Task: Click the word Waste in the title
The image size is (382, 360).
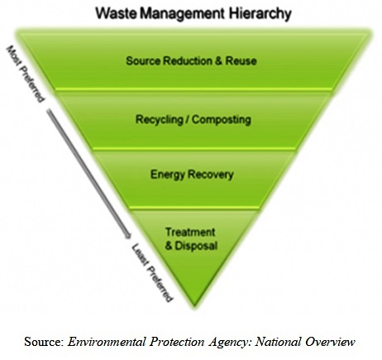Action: (117, 13)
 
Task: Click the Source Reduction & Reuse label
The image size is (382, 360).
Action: (191, 60)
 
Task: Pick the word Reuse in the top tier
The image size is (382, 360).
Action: (241, 60)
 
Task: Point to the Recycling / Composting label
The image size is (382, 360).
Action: (193, 120)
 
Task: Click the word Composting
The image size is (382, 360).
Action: (222, 120)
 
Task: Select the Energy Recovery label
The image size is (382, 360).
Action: (192, 175)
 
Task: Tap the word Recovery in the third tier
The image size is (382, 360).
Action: (211, 175)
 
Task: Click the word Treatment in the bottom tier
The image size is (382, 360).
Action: (190, 232)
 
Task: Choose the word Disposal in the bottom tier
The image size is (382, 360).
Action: (196, 246)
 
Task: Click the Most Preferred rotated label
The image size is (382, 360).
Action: (25, 74)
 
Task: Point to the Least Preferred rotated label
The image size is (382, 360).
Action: (152, 272)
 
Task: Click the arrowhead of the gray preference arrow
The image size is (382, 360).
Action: (127, 235)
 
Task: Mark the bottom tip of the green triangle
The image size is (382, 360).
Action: (194, 306)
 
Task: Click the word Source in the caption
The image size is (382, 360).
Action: (44, 342)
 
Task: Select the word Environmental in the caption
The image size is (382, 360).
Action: (107, 342)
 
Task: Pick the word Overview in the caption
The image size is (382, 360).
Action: (330, 342)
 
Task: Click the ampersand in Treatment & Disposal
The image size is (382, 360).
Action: (169, 246)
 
